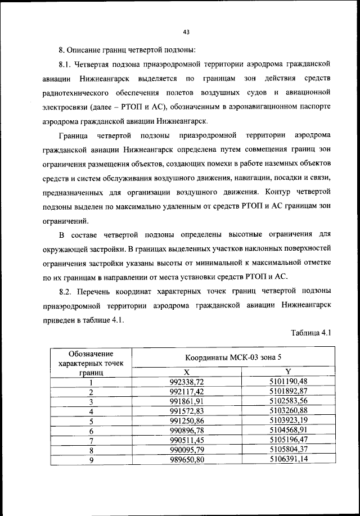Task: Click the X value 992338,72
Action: click(186, 382)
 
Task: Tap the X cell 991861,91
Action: click(186, 401)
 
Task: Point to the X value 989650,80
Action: click(186, 459)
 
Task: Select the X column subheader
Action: click(186, 372)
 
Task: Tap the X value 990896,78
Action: click(186, 430)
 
